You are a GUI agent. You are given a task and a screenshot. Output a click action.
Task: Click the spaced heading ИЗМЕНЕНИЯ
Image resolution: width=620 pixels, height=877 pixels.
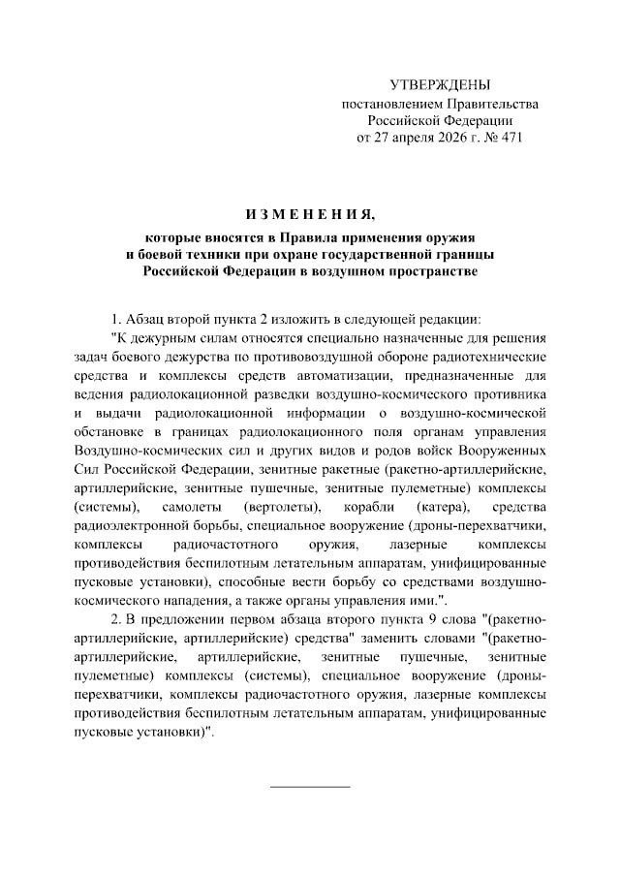pos(310,212)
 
